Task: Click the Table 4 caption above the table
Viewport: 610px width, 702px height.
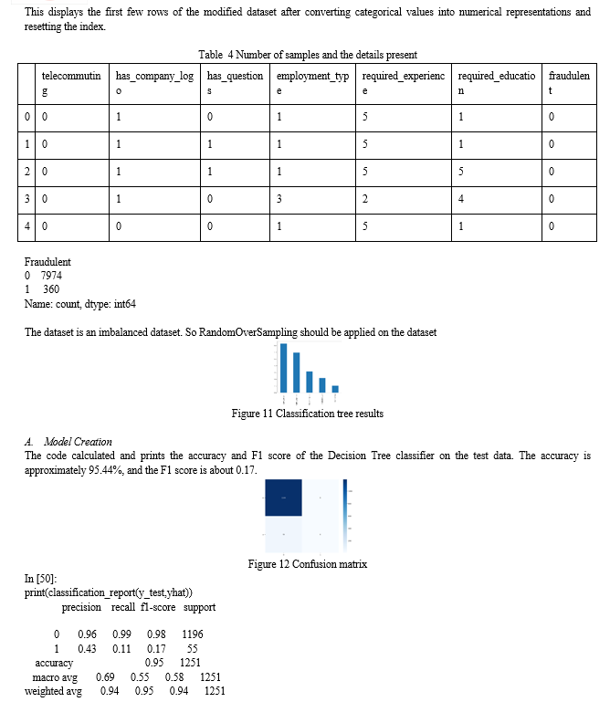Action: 307,55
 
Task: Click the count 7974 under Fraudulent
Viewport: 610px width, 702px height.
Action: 50,275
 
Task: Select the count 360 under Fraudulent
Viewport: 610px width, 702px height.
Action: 51,288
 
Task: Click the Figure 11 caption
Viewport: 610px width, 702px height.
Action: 307,414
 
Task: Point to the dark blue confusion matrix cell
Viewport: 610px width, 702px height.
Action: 283,498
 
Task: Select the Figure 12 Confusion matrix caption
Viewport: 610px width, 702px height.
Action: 307,564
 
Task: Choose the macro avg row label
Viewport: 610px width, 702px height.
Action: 54,677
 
